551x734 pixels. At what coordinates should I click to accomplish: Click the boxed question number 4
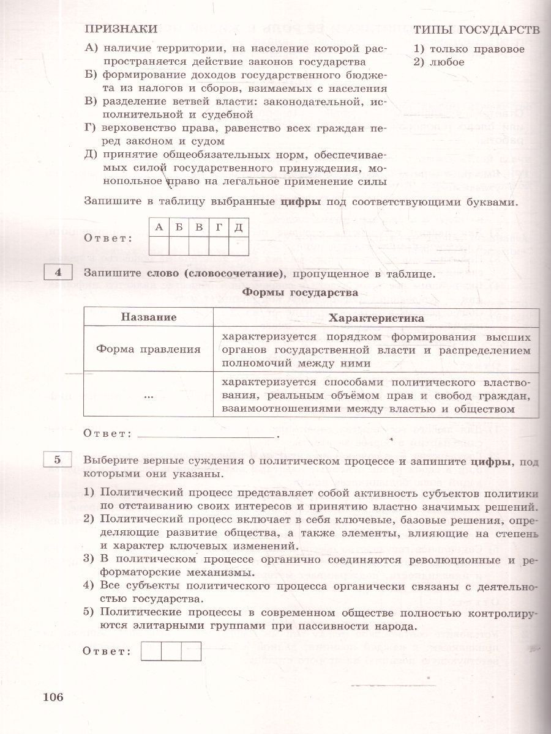58,273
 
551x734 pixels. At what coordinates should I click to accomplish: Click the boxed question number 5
58,461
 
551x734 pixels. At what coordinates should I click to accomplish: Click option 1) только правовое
469,49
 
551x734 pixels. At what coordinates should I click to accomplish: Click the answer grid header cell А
159,228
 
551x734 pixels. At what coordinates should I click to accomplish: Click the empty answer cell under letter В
198,245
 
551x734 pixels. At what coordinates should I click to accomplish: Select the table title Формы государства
300,293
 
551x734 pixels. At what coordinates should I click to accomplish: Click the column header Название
149,317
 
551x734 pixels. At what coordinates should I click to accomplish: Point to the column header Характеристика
376,318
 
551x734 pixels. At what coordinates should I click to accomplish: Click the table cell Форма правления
149,349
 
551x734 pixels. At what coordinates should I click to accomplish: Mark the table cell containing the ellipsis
149,396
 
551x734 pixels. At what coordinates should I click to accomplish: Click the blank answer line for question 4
207,436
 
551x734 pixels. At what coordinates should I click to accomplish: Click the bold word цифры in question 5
491,462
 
